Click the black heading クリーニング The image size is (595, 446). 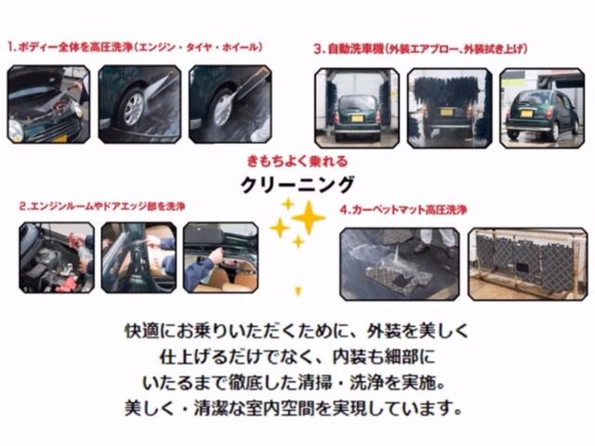pos(297,185)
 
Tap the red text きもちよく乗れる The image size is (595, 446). pos(297,162)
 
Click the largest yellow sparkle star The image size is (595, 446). pos(308,217)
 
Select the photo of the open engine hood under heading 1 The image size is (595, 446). pos(49,104)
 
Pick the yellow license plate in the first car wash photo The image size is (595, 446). pos(357,119)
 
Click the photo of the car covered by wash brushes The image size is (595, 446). pos(449,108)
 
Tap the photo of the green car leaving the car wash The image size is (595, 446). pos(542,108)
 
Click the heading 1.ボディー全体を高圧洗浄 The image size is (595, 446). pos(71,47)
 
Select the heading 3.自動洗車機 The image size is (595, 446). pos(349,49)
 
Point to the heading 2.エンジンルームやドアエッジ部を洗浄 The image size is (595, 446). pos(102,206)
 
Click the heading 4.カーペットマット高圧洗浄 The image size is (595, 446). pos(403,210)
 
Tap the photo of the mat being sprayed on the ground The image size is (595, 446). pos(400,264)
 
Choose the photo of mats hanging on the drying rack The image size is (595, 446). pos(528,264)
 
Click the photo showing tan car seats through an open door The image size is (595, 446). pos(221,258)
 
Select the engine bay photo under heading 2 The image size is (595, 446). pos(57,258)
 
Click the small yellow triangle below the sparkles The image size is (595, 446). pos(298,291)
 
